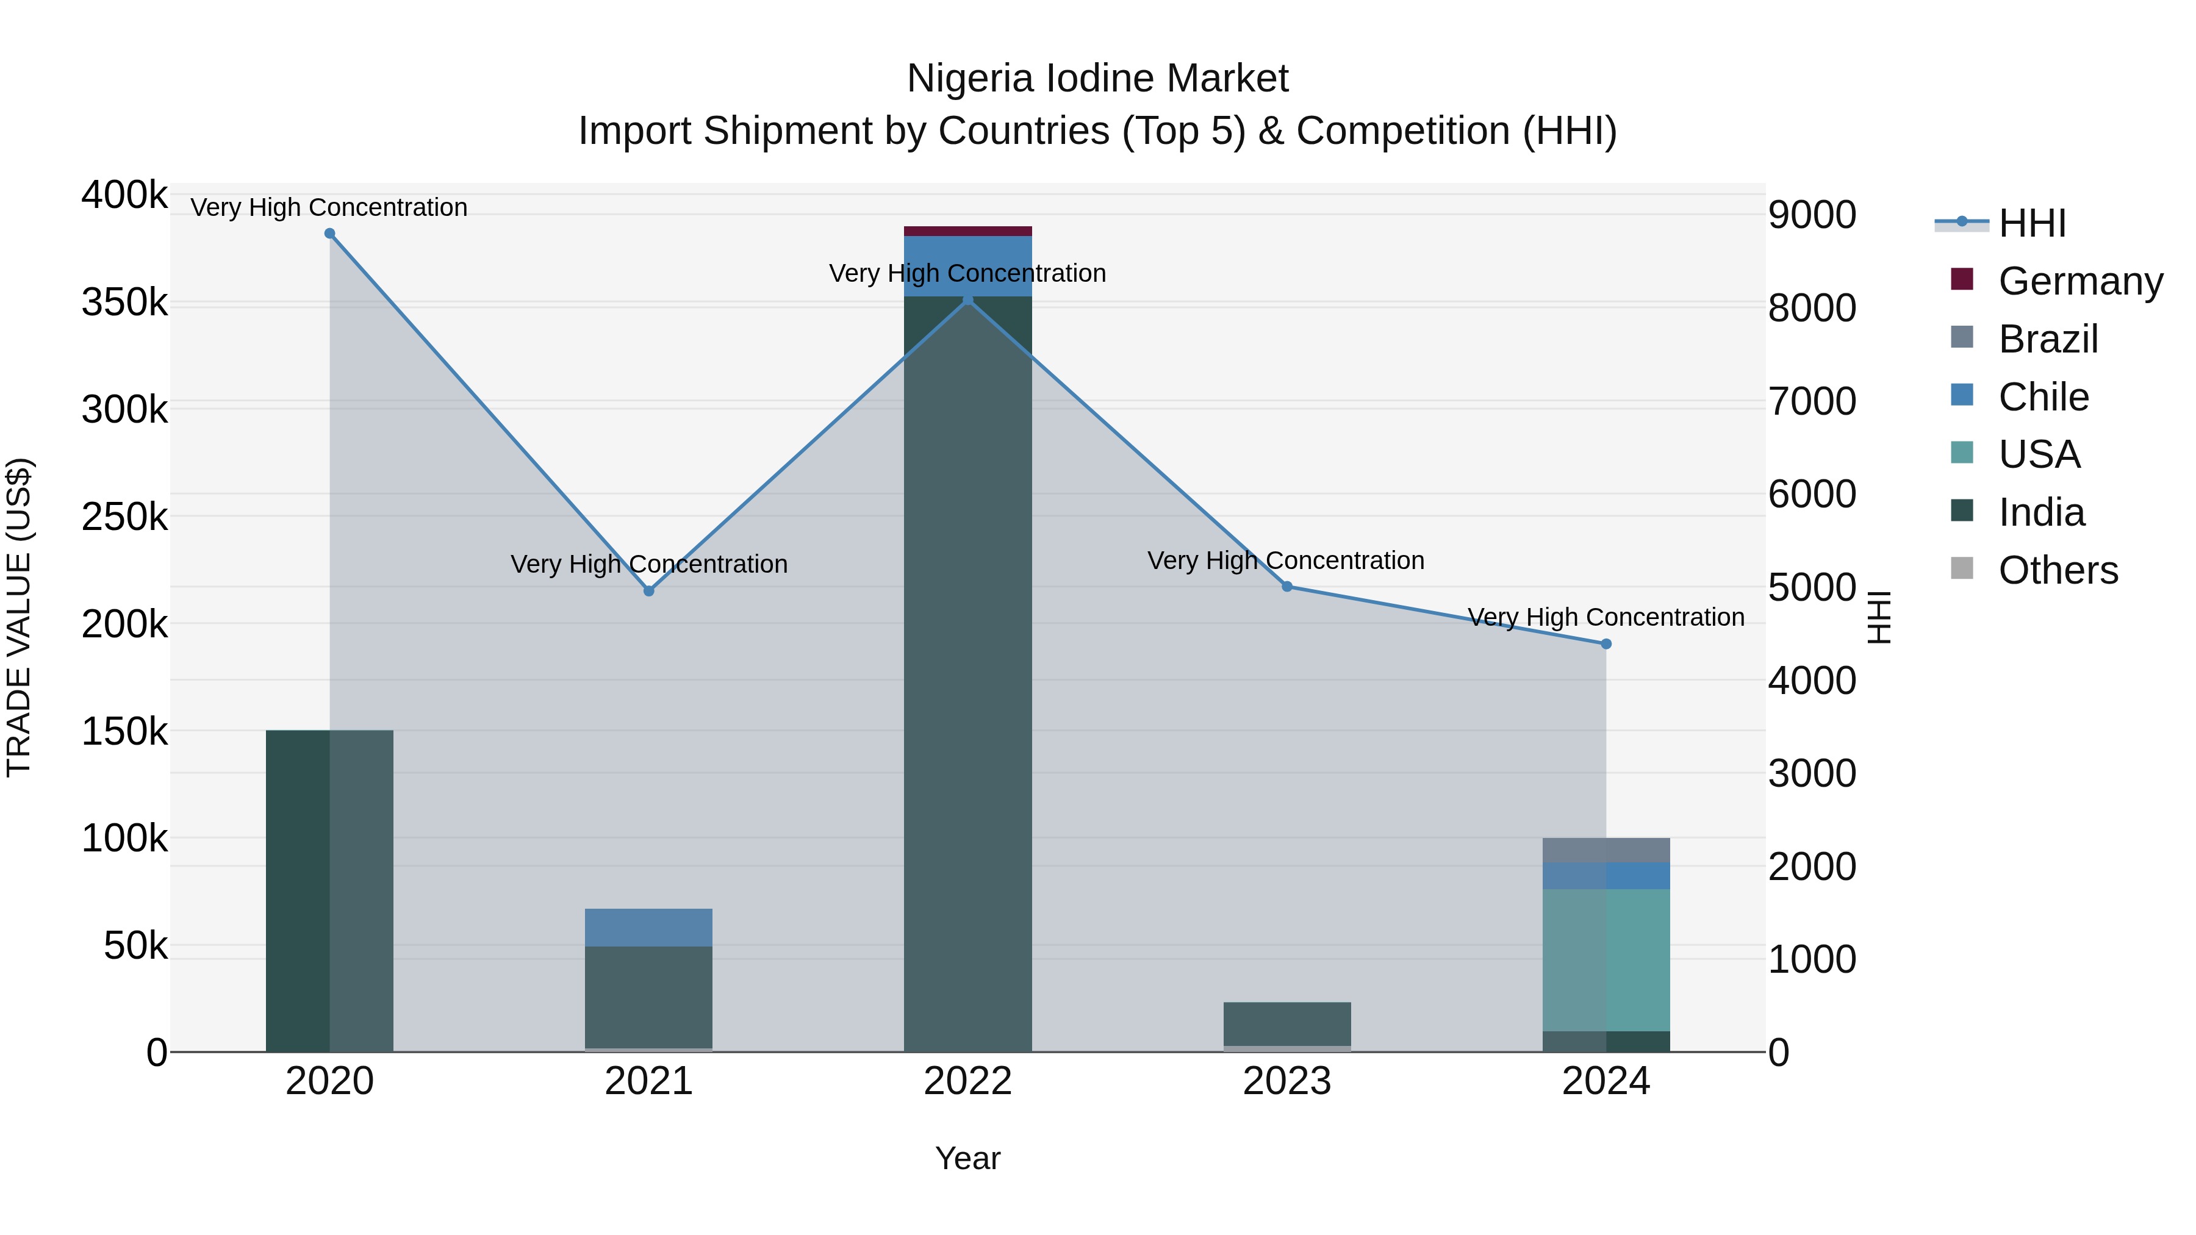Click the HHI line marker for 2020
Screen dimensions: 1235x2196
pyautogui.click(x=330, y=234)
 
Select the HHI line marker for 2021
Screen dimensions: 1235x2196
pyautogui.click(x=649, y=590)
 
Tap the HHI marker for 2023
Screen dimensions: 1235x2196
pyautogui.click(x=1287, y=586)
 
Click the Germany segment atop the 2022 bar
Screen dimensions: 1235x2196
pyautogui.click(x=967, y=231)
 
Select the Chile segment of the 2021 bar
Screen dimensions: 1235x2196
pyautogui.click(x=649, y=927)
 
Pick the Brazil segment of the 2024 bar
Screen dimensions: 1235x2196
pyautogui.click(x=1606, y=850)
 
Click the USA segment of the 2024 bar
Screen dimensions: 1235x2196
pyautogui.click(x=1606, y=960)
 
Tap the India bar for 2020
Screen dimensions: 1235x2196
pyautogui.click(x=330, y=890)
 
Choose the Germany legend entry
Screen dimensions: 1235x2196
pyautogui.click(x=2079, y=281)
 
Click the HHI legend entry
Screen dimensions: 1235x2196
pyautogui.click(x=2031, y=223)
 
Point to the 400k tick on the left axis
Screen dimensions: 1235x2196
pyautogui.click(x=124, y=195)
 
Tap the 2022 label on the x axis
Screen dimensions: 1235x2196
pyautogui.click(x=967, y=1081)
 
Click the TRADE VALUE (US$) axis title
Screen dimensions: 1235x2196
pyautogui.click(x=20, y=617)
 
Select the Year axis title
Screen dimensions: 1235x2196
pyautogui.click(x=967, y=1158)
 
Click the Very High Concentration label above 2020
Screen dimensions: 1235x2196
pyautogui.click(x=329, y=207)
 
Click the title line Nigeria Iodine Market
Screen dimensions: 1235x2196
pyautogui.click(x=1097, y=79)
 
